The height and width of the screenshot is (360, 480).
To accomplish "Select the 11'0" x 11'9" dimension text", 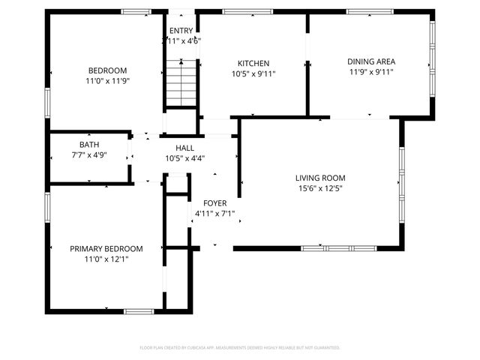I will [x=108, y=81].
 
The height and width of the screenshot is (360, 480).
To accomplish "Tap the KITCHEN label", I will [x=253, y=64].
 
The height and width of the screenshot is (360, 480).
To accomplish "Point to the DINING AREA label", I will [x=370, y=61].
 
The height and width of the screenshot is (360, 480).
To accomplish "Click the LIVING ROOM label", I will [x=320, y=178].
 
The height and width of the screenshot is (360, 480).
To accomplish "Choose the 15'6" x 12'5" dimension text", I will [x=320, y=188].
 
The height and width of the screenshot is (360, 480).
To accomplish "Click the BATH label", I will [x=89, y=145].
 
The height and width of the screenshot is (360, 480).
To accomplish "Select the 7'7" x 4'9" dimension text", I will [x=89, y=155].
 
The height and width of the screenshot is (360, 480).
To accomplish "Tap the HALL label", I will [x=185, y=148].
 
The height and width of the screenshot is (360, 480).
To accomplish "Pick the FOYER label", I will [x=214, y=203].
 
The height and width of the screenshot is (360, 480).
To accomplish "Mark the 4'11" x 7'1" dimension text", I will [x=214, y=214].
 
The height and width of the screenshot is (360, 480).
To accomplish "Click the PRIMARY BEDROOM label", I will [x=106, y=249].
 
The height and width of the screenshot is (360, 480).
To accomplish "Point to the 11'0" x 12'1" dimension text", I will [x=106, y=259].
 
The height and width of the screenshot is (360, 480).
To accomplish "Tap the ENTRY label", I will [x=181, y=31].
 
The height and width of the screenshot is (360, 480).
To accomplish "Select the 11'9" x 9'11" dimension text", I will [x=370, y=72].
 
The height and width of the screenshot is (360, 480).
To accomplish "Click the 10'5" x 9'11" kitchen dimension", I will [x=253, y=74].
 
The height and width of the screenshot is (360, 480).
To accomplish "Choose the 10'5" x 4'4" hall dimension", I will [x=185, y=158].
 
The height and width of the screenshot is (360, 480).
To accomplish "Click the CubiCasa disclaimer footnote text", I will [x=240, y=347].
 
